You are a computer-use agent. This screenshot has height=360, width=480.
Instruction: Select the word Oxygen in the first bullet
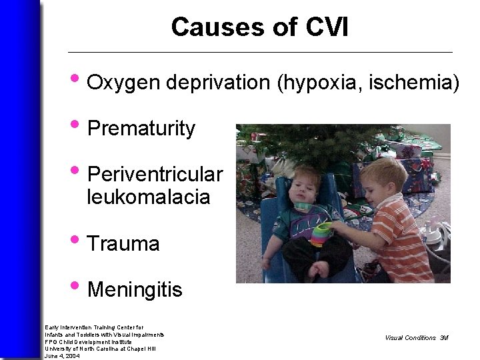[124, 83]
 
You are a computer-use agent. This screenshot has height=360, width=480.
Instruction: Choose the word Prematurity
[141, 129]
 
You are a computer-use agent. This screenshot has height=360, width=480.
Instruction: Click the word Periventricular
[155, 175]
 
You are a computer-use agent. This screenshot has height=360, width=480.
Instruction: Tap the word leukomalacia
[148, 197]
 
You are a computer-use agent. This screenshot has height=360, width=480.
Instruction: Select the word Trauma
[123, 244]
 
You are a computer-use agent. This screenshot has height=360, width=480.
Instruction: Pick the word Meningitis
[135, 290]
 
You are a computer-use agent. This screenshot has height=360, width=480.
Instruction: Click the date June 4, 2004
[62, 356]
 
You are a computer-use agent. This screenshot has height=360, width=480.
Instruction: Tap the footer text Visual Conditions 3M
[417, 338]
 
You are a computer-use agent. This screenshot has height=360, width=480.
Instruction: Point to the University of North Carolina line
[100, 349]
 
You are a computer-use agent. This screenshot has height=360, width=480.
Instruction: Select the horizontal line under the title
[260, 52]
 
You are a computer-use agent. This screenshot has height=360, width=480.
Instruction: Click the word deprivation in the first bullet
[217, 83]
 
